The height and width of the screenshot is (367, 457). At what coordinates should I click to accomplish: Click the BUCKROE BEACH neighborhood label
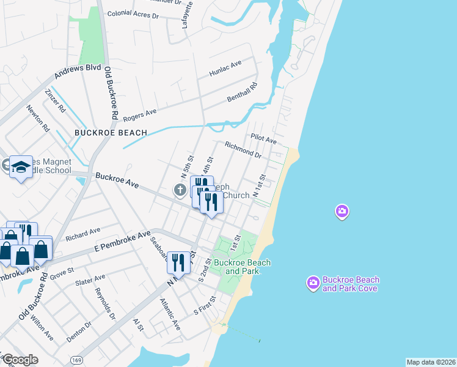pos(111,133)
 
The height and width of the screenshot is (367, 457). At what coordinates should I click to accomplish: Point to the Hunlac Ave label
pos(225,67)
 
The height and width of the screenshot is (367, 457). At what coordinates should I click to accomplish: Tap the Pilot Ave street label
pos(263,139)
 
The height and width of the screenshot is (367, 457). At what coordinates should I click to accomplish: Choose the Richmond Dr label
pos(243,150)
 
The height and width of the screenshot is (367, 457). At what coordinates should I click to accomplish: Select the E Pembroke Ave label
pos(122,242)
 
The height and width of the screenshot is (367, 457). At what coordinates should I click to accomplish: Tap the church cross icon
pos(180,190)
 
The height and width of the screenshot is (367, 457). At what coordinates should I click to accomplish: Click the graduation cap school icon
pos(21,167)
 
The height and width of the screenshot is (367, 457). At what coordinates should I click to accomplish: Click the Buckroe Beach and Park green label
pos(242,267)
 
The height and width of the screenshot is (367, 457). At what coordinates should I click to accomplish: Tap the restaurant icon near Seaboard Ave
pos(178,262)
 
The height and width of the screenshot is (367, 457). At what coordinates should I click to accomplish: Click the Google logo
pos(20,360)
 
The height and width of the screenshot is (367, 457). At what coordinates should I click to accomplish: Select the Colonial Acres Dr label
pos(133,13)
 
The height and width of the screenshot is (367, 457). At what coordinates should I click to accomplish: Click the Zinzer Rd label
pos(55,100)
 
